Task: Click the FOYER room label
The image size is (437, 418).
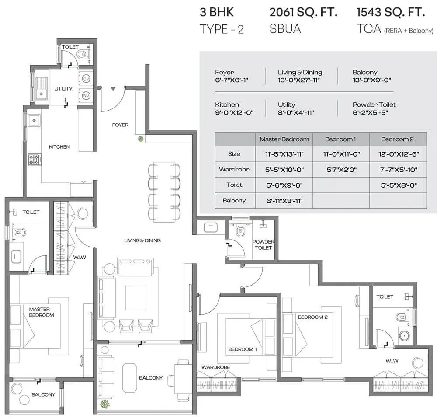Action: pos(120,125)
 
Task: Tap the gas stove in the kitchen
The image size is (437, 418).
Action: pos(35,160)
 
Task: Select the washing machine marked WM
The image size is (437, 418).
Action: pos(86,96)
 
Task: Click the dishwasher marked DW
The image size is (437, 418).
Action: pos(86,79)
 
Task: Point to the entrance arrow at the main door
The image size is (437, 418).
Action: pos(113,89)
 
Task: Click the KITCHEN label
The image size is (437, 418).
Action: pos(59,147)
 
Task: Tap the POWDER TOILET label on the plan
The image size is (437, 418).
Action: pos(264,245)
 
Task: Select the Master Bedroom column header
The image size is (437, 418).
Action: pos(284,139)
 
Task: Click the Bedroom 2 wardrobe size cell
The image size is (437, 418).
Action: pos(399,170)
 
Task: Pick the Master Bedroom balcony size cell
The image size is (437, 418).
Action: pos(284,201)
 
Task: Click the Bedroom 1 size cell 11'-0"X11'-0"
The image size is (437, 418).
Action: pos(341,154)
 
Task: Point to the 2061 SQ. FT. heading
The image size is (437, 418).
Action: pos(303,12)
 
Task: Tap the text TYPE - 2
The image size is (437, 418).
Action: pos(222,29)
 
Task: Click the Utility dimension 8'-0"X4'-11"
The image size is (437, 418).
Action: pos(296,113)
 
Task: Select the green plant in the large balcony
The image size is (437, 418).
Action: pos(105,404)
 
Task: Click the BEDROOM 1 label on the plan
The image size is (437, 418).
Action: pos(243,349)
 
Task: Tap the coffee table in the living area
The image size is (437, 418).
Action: pos(136,298)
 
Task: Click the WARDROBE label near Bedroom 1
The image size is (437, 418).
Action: pos(216,367)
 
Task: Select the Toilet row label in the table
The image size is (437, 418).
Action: pos(234,185)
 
